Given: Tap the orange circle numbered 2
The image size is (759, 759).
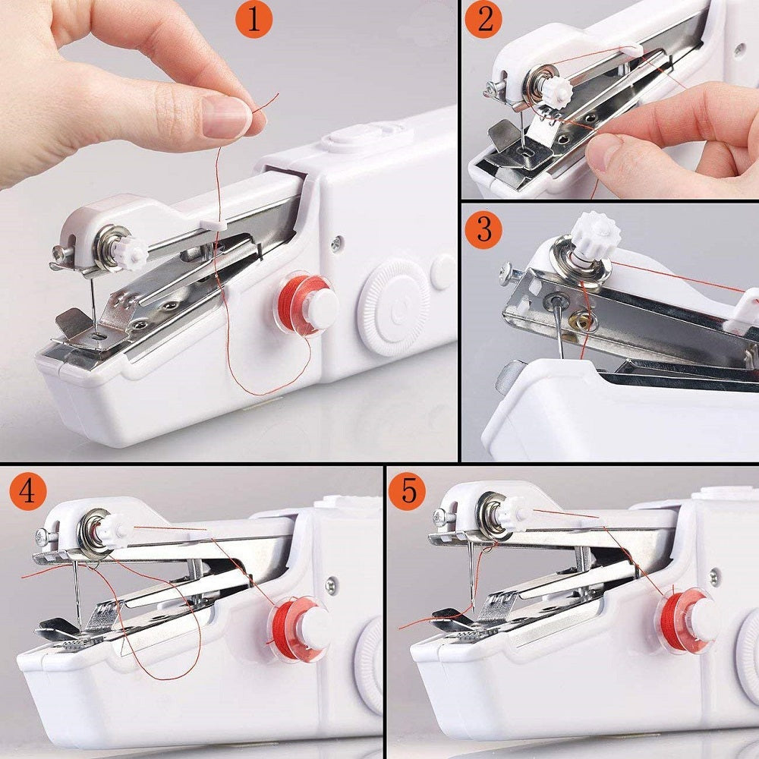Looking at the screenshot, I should (485, 20).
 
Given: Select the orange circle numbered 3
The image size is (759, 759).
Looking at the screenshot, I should (484, 228).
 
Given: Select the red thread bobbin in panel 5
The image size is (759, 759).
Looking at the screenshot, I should (688, 618).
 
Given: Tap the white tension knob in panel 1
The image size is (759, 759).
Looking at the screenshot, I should (131, 252).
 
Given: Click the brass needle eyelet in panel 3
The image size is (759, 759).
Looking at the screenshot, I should (585, 322).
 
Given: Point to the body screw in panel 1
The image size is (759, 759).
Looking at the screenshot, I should (336, 244).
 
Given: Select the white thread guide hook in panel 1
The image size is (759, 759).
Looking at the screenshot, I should (215, 224).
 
